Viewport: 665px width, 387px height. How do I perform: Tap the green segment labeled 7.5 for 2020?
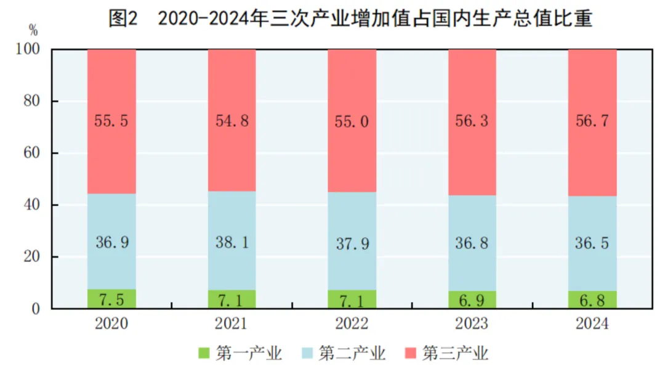pyautogui.click(x=111, y=299)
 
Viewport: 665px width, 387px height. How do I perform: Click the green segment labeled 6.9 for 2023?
pyautogui.click(x=472, y=299)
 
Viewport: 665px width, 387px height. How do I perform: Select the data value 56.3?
pyautogui.click(x=472, y=121)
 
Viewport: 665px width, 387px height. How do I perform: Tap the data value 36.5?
pyautogui.click(x=592, y=243)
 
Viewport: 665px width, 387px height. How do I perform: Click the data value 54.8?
pyautogui.click(x=232, y=121)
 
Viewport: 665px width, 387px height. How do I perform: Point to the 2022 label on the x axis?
pyautogui.click(x=352, y=324)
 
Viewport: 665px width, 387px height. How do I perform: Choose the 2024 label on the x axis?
pyautogui.click(x=592, y=324)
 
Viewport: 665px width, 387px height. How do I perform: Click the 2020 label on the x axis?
pyautogui.click(x=111, y=324)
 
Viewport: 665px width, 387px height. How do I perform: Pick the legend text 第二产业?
pyautogui.click(x=352, y=353)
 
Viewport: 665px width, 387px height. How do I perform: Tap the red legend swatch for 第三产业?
pyautogui.click(x=410, y=353)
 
